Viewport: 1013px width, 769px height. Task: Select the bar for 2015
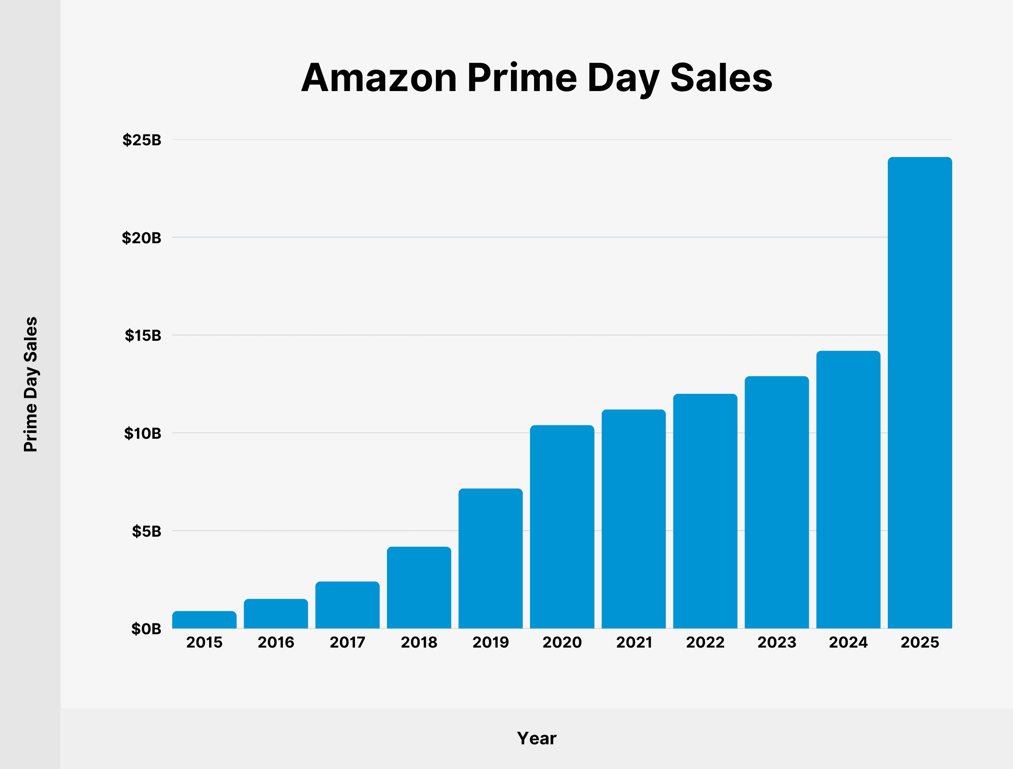tap(204, 620)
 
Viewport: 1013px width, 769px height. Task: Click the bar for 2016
tap(276, 614)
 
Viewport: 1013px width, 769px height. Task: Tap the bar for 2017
tap(347, 605)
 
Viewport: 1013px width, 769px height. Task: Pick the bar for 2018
tap(419, 588)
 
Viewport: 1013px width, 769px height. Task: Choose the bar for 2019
tap(490, 559)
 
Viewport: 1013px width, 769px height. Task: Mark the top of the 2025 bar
tap(919, 158)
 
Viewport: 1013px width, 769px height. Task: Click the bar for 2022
tap(705, 511)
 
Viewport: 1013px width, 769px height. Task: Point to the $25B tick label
tap(141, 140)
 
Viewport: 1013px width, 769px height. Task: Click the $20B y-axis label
tap(141, 238)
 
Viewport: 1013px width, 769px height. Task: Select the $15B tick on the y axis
tap(143, 336)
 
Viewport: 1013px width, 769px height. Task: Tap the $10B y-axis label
tap(143, 433)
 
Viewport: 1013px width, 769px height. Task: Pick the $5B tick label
tap(147, 531)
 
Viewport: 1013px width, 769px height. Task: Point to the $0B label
tap(146, 629)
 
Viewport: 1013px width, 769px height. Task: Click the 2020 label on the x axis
tap(562, 642)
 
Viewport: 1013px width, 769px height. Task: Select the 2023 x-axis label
tap(777, 642)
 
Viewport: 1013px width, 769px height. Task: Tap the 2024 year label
tap(848, 642)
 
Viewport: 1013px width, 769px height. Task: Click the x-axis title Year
tap(536, 738)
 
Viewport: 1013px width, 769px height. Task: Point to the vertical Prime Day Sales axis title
tap(31, 384)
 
